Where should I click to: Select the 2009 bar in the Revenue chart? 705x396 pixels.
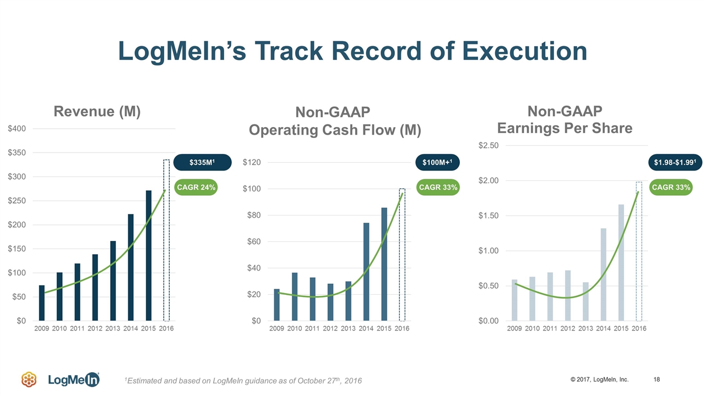(42, 302)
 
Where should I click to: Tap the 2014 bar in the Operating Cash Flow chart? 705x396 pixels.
(366, 272)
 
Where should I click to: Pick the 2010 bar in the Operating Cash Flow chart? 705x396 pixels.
(295, 296)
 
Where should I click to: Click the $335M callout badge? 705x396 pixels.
(202, 162)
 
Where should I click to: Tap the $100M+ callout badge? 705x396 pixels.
(437, 162)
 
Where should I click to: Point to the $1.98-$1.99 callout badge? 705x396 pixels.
(675, 163)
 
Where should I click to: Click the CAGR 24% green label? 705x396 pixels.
(196, 188)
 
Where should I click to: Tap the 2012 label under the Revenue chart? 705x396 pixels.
(95, 329)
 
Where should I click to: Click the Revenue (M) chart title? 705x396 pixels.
(97, 112)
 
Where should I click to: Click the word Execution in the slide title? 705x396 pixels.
(525, 51)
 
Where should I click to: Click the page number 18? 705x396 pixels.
(657, 380)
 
